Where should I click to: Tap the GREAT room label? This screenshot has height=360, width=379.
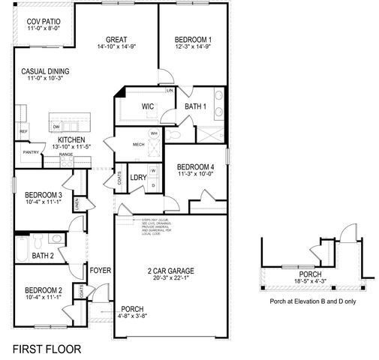point(116,40)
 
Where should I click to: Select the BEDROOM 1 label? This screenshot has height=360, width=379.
point(193,40)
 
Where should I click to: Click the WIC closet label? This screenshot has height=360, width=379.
point(149,106)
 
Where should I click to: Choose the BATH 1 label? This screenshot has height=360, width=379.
point(196,106)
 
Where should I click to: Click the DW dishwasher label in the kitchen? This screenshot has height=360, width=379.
point(56,127)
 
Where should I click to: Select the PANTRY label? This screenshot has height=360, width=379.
point(30,152)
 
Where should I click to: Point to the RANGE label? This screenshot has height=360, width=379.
point(76,154)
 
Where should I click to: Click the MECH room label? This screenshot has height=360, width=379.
point(139,144)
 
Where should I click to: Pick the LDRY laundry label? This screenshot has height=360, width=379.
point(137,178)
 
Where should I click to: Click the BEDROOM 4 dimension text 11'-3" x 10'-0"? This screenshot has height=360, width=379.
point(195,173)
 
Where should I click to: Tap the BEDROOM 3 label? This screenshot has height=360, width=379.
point(44,194)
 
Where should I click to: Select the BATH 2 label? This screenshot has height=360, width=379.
point(43,256)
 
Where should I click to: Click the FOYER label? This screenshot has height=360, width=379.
point(100,270)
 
